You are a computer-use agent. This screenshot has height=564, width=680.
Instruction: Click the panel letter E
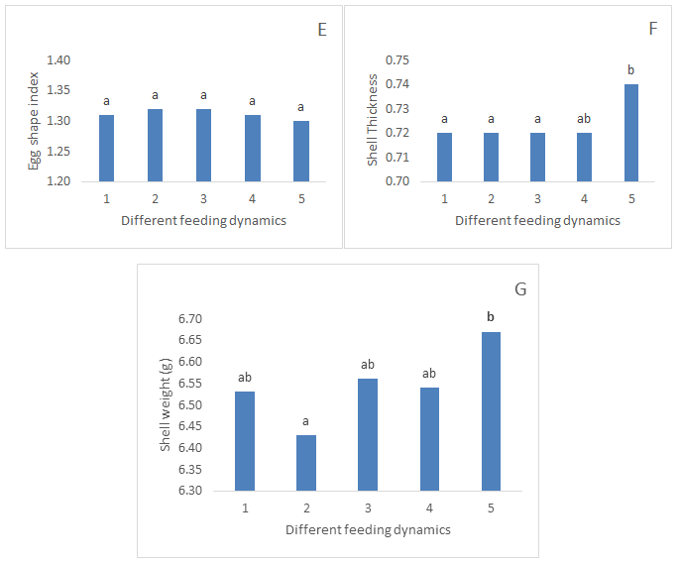tap(322, 29)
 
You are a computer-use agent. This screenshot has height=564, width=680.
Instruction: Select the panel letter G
tap(520, 289)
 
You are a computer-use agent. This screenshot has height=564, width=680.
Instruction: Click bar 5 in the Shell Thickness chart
tap(631, 133)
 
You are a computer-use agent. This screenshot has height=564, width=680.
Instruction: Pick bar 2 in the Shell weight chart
tap(305, 462)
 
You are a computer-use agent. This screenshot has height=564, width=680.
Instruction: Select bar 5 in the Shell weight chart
tap(491, 410)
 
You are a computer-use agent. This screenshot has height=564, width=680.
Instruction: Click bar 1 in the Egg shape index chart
tap(106, 148)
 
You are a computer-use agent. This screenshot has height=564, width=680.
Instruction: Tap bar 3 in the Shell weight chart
tap(368, 434)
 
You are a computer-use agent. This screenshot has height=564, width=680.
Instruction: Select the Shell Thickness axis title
tap(373, 122)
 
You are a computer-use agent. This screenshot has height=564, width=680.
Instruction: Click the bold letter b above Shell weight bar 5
tap(491, 317)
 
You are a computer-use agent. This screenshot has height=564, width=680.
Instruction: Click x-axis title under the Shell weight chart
tap(368, 529)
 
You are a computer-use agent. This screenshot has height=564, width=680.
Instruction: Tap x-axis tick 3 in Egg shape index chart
tap(203, 198)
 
